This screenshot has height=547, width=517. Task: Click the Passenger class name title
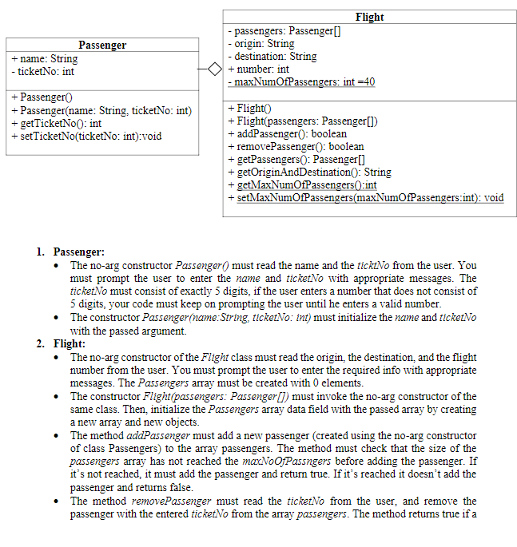102,45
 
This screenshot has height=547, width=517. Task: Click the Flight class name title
368,17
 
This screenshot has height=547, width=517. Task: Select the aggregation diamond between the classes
213,69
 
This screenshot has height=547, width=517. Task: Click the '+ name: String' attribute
45,58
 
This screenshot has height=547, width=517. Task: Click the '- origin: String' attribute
260,43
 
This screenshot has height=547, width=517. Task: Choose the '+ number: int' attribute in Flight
259,69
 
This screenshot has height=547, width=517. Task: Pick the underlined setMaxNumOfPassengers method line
366,197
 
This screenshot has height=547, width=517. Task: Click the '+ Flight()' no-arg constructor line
250,108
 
